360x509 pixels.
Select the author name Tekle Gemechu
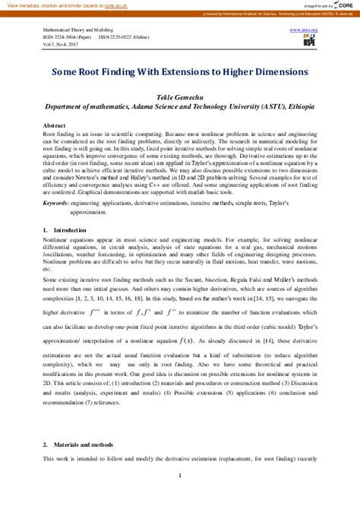[x=179, y=97]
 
